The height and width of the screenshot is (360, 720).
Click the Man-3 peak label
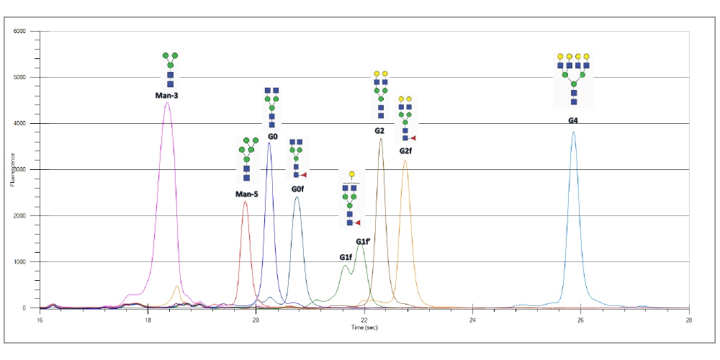(167, 95)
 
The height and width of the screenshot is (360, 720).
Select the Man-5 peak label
(246, 194)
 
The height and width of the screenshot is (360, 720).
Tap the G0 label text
(272, 136)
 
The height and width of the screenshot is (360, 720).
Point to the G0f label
(297, 189)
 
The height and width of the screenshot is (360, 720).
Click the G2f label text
(405, 151)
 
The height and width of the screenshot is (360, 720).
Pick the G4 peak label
(573, 120)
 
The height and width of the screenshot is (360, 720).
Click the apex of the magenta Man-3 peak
(167, 102)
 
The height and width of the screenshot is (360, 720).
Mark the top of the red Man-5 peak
(246, 202)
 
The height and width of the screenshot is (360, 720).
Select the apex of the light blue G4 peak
(573, 132)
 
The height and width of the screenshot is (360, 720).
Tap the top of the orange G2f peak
(405, 161)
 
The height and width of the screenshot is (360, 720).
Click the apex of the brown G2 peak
(381, 139)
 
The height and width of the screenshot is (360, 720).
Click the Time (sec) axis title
(364, 327)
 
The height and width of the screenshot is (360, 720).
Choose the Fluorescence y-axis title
(12, 170)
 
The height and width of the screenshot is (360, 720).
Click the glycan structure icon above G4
(573, 79)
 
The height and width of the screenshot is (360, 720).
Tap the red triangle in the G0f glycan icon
(305, 175)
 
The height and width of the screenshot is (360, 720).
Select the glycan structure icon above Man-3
(170, 70)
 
